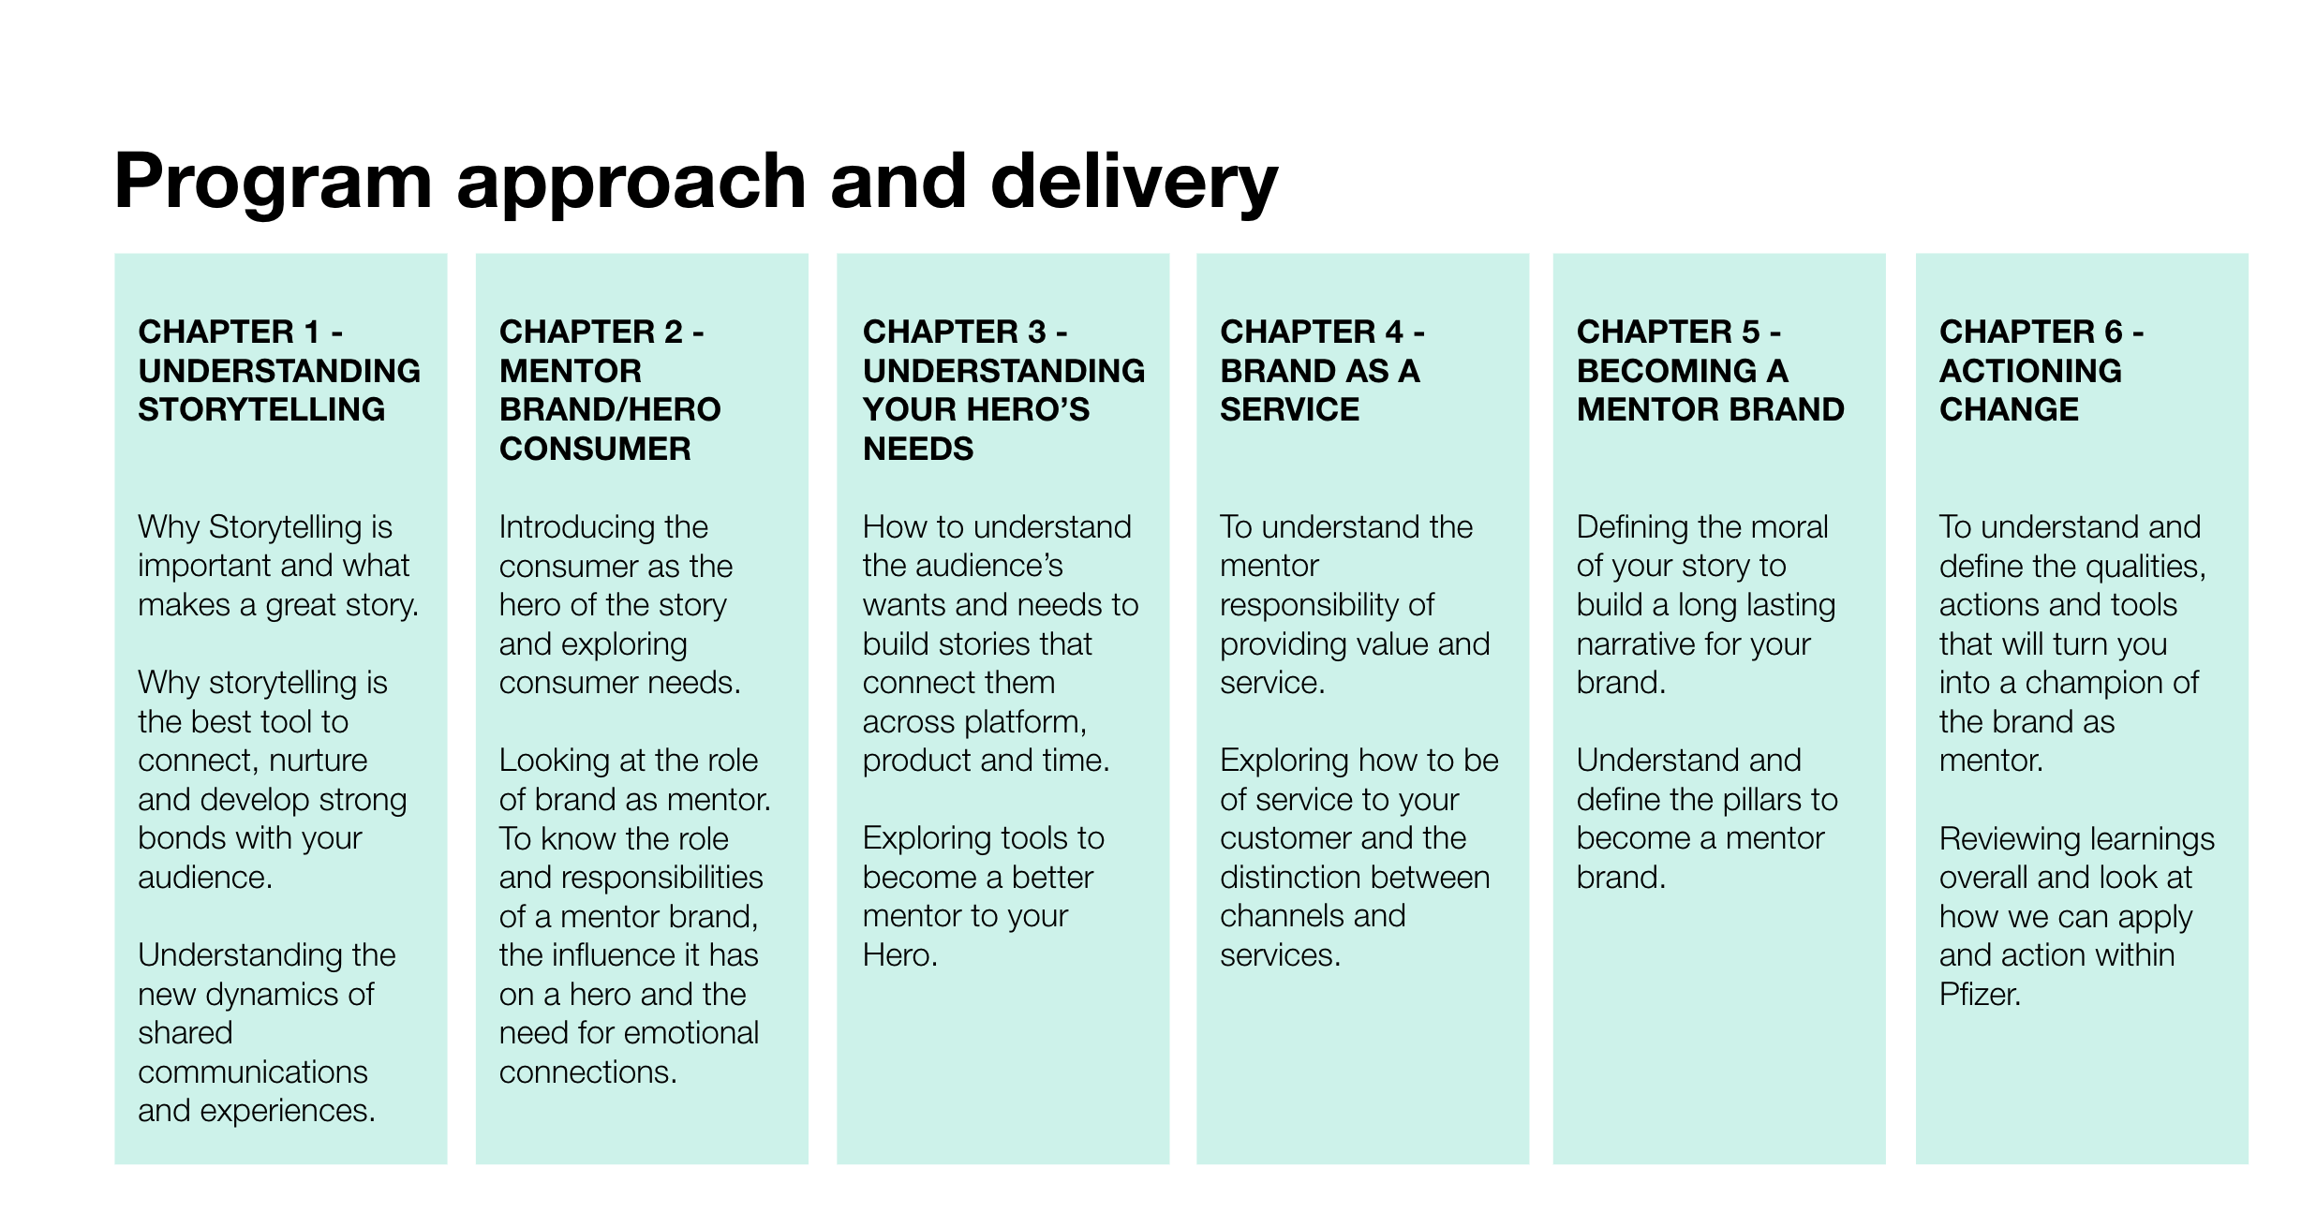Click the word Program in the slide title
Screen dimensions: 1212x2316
click(x=273, y=183)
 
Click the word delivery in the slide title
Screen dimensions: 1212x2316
click(x=1133, y=183)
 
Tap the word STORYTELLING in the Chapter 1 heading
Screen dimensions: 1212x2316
click(x=261, y=409)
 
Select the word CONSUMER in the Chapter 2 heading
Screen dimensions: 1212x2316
click(x=595, y=449)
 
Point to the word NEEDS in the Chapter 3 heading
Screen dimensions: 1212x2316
click(x=917, y=449)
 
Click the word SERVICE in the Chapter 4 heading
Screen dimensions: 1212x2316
click(x=1289, y=409)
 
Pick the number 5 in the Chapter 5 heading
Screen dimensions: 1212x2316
click(x=1750, y=332)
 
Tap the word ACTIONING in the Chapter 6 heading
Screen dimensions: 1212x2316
click(x=2029, y=371)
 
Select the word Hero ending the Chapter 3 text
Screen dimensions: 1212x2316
click(x=898, y=955)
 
